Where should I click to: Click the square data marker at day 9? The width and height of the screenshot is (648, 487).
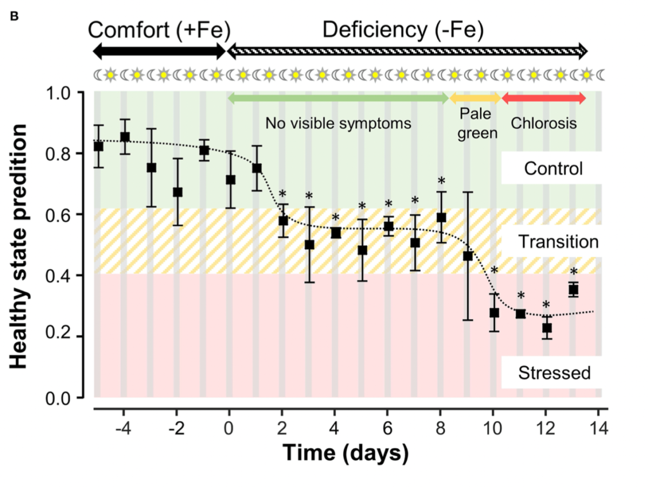coord(468,256)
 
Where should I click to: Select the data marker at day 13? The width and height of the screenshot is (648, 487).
coord(573,290)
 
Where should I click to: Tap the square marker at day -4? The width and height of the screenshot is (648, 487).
coord(125,136)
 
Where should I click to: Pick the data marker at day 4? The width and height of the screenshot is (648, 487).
coord(335,233)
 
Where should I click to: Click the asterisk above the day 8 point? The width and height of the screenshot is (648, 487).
coord(441,181)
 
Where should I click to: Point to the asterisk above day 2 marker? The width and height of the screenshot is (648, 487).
coord(282,194)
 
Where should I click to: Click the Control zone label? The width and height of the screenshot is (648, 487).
coord(553,169)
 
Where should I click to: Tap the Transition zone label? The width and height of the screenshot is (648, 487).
coord(558,242)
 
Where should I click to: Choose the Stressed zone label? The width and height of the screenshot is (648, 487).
coord(554,372)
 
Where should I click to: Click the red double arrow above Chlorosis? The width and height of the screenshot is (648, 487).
coord(543,98)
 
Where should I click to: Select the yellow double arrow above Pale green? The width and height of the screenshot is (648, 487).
coord(475,98)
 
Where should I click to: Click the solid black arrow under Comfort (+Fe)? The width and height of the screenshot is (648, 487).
coord(159,52)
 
